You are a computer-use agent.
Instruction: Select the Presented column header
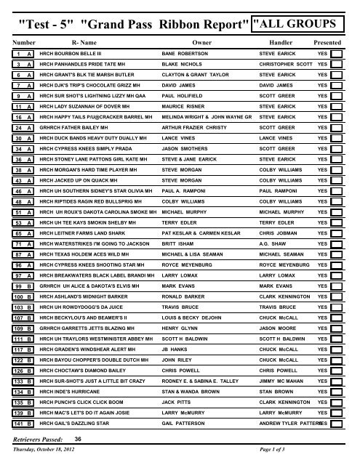pyautogui.click(x=326, y=43)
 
